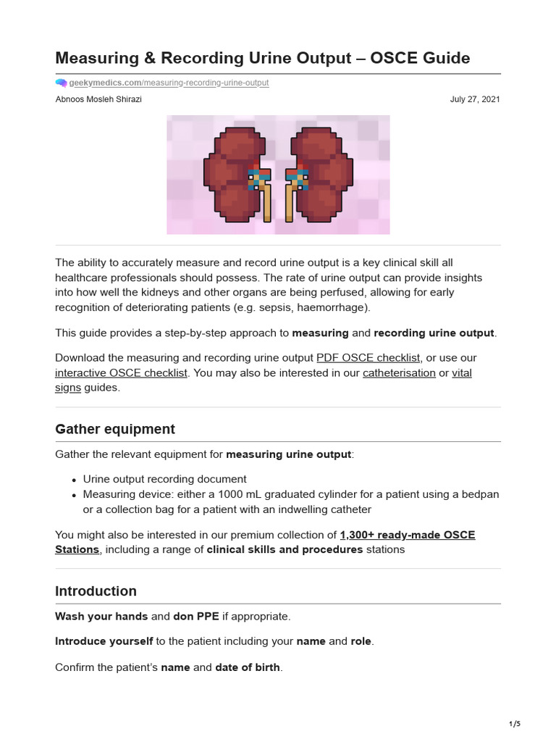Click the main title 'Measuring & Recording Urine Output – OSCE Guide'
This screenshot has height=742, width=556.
[262, 57]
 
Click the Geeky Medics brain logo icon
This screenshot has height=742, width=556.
[61, 83]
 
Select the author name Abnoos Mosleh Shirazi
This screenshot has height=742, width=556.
[98, 99]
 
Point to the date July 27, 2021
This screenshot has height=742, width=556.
[475, 99]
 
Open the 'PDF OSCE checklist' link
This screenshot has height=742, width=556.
[368, 358]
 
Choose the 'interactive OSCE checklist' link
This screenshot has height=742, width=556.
[121, 372]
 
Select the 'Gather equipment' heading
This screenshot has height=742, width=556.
[115, 429]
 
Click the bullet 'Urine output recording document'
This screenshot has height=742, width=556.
[164, 479]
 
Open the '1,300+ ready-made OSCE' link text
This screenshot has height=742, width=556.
[408, 535]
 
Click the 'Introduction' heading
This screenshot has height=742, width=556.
[96, 591]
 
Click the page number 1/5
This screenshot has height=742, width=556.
[515, 724]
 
